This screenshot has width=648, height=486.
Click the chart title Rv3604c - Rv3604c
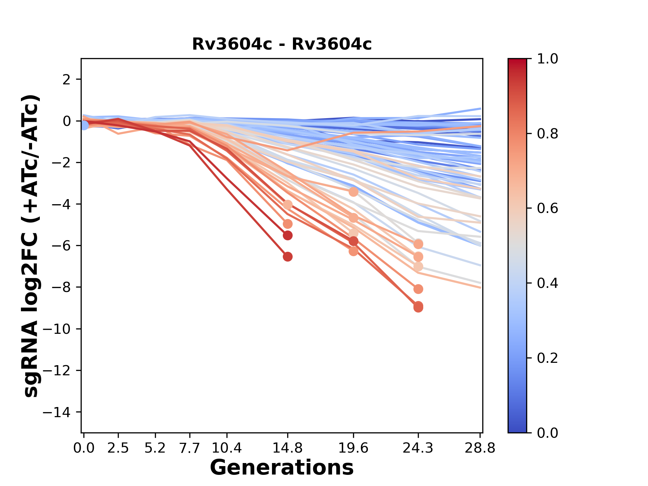point(282,44)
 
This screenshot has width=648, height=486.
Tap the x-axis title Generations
point(282,468)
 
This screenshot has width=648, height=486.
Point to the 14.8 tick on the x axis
point(287,448)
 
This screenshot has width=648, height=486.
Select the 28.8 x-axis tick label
point(480,448)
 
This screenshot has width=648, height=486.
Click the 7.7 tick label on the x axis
point(190,448)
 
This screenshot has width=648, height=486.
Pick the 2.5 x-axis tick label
point(118,448)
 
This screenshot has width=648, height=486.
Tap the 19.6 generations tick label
point(353,448)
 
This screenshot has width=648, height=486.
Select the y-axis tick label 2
point(67,80)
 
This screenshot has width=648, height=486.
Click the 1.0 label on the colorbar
point(547,59)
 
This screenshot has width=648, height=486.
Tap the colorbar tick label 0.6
point(547,209)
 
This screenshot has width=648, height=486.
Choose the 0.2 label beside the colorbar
point(547,358)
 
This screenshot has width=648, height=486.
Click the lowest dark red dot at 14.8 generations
point(288,257)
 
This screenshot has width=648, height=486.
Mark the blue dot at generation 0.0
point(84,125)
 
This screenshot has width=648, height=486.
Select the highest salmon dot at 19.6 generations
point(353,192)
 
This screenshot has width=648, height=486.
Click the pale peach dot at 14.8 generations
point(288,205)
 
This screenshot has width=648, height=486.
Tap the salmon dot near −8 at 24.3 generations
point(418,289)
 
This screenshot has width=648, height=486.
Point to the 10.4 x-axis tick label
point(227,448)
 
